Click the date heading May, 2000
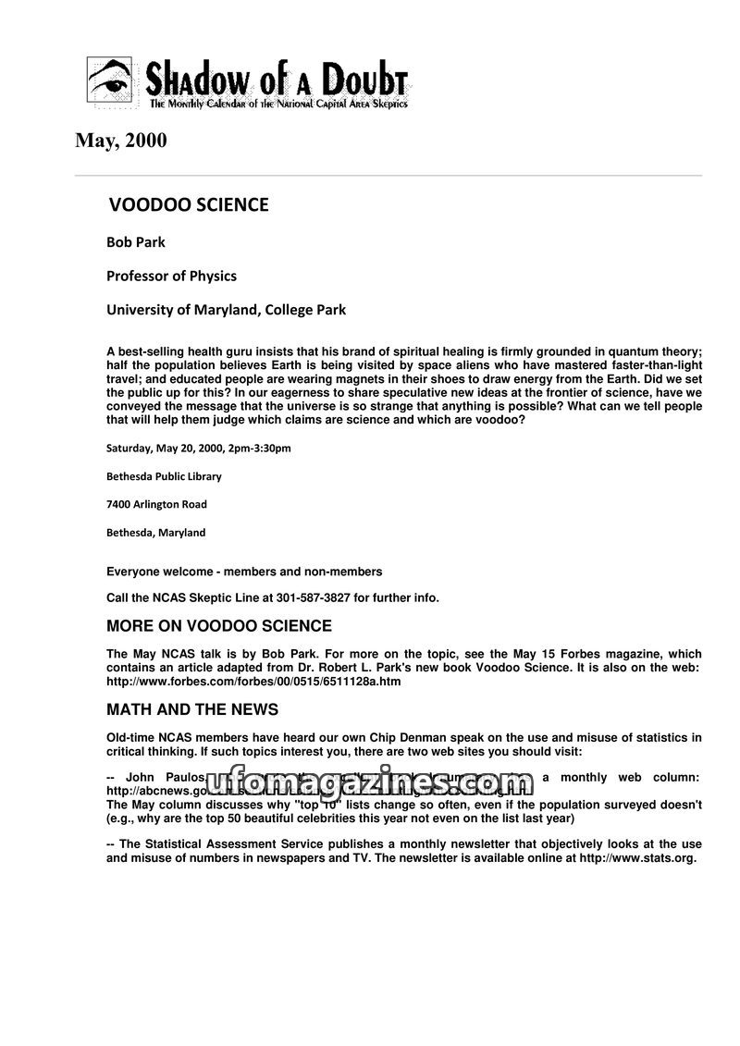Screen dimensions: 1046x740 (121, 142)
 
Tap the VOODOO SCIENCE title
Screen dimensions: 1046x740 (189, 205)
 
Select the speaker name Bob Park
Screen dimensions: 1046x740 (136, 242)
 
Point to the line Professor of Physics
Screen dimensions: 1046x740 (171, 276)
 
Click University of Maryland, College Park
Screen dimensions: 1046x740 (226, 310)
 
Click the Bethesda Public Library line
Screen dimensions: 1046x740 (164, 476)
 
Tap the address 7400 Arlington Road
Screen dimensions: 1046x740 (156, 504)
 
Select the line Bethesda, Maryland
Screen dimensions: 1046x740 (155, 533)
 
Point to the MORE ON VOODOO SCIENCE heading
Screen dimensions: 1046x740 (219, 626)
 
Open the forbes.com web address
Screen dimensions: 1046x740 (253, 682)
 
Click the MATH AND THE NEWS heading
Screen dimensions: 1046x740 (192, 709)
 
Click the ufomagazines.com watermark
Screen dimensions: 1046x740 (370, 784)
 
